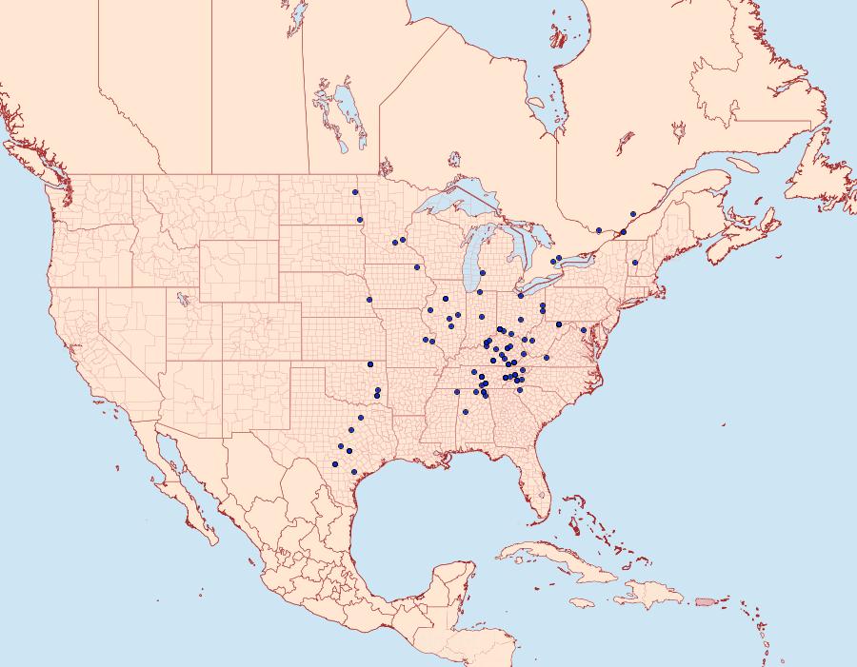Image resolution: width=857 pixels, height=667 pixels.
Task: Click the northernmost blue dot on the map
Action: coord(354,192)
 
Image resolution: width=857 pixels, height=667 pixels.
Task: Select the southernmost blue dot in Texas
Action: coord(354,472)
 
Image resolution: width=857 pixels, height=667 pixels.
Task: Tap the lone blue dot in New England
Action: coord(635,263)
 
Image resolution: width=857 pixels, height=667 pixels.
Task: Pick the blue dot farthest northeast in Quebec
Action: coord(633,214)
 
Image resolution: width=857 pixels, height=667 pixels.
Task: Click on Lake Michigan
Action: coord(476,257)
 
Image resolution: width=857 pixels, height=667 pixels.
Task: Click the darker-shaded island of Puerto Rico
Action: coord(705,600)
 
